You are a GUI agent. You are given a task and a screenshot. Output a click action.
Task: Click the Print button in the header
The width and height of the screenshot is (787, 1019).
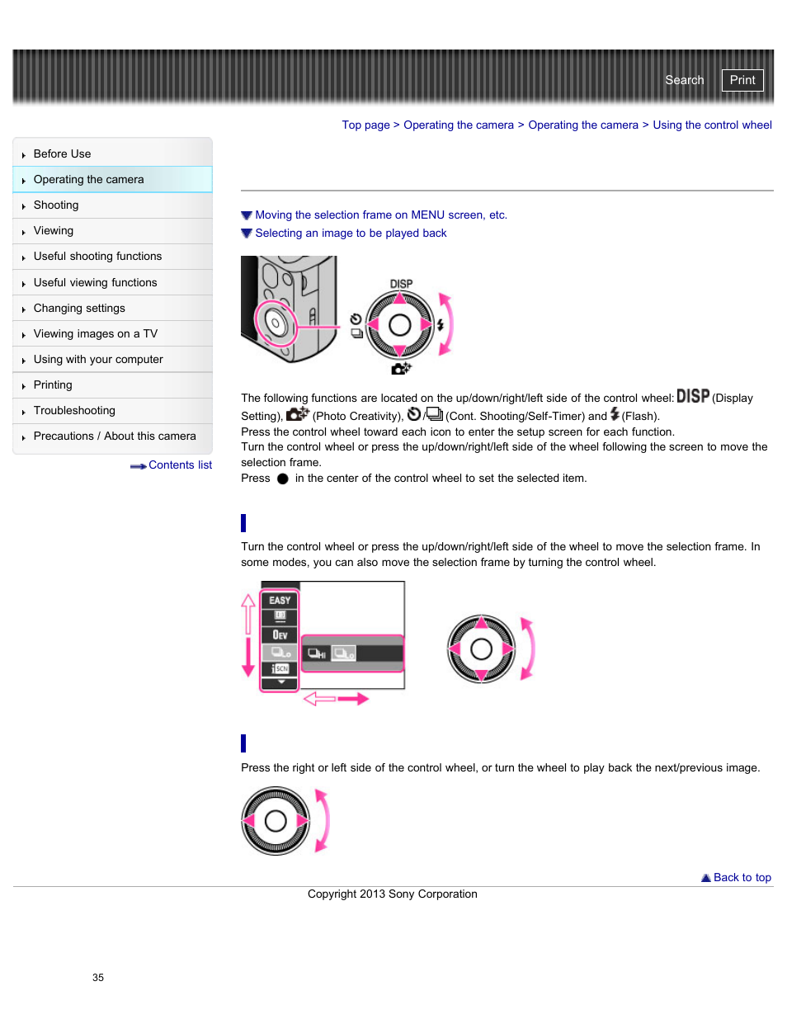742,80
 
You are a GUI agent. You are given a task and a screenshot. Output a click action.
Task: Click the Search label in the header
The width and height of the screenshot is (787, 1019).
684,80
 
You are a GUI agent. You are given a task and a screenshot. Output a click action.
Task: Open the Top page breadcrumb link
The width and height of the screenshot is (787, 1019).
365,125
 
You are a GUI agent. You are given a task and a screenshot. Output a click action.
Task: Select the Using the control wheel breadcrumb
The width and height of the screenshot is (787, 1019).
712,125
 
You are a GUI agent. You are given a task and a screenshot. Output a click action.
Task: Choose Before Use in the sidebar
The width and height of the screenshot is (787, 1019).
62,154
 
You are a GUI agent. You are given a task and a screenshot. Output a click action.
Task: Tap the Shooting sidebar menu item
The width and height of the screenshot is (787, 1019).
56,205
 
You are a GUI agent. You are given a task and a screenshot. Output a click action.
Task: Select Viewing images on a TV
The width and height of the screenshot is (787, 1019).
95,334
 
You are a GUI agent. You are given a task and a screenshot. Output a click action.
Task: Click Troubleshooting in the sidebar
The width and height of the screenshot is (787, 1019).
74,411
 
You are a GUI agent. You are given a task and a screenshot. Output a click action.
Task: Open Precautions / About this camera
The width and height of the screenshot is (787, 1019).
115,436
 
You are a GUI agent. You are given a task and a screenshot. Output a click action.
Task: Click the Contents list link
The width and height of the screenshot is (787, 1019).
179,465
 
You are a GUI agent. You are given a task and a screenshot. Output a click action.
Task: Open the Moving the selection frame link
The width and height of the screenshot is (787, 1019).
380,215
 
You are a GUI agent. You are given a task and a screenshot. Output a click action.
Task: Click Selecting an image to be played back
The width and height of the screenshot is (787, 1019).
351,234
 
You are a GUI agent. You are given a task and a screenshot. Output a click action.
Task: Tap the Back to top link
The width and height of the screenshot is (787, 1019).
742,878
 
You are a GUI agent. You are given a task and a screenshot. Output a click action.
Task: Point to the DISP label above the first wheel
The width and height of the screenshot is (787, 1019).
401,284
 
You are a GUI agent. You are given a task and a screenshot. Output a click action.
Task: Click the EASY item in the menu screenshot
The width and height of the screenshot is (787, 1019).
280,601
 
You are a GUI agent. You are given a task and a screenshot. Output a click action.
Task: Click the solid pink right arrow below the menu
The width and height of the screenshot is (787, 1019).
353,699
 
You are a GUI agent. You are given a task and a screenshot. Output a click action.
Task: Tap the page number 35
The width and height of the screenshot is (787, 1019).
98,978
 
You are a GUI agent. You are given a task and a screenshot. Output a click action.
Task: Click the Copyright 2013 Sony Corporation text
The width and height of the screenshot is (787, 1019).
392,894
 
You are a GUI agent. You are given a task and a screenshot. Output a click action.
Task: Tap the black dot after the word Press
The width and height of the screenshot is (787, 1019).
283,479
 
